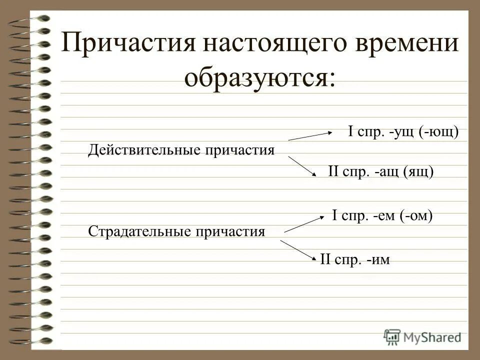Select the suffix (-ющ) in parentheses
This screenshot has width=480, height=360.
coord(439,132)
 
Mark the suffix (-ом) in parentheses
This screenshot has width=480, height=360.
coord(414,215)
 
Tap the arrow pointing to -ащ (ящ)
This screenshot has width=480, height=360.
coord(302,166)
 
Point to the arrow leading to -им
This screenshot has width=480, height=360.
coord(298,250)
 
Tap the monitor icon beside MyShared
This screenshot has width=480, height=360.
coord(392,337)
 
